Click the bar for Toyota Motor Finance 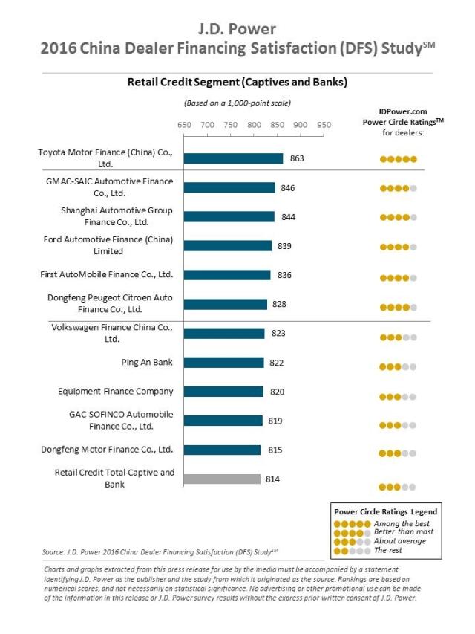pyautogui.click(x=233, y=158)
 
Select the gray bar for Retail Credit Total pyautogui.click(x=222, y=479)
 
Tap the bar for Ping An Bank pyautogui.click(x=223, y=363)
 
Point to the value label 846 pyautogui.click(x=288, y=188)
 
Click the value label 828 pyautogui.click(x=280, y=304)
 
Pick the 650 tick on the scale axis pyautogui.click(x=184, y=124)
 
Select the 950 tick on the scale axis pyautogui.click(x=324, y=124)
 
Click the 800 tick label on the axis pyautogui.click(x=254, y=124)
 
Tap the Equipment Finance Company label pyautogui.click(x=116, y=392)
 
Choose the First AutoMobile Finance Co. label pyautogui.click(x=106, y=275)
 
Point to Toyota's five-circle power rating pyautogui.click(x=399, y=159)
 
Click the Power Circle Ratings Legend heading pyautogui.click(x=385, y=511)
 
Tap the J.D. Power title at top pyautogui.click(x=237, y=29)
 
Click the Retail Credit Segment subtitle pyautogui.click(x=237, y=81)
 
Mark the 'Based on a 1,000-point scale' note pyautogui.click(x=237, y=103)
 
